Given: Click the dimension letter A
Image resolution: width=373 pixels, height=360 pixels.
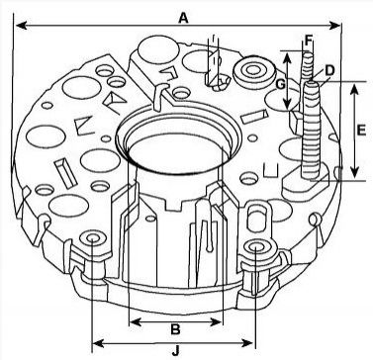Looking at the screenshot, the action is click(x=183, y=18).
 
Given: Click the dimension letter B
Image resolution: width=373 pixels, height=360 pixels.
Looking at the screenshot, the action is click(x=175, y=329).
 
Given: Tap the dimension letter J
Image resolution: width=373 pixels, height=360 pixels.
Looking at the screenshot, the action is click(x=176, y=351).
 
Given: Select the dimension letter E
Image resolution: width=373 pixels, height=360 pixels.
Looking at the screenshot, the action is click(x=361, y=131).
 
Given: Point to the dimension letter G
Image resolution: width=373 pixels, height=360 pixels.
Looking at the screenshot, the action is click(x=280, y=85).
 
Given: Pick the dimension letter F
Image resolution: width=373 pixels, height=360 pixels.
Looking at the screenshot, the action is click(x=309, y=41).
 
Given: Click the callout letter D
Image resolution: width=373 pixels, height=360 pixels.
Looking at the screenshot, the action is click(x=329, y=70).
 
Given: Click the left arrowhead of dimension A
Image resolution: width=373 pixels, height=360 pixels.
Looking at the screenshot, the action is click(x=22, y=25).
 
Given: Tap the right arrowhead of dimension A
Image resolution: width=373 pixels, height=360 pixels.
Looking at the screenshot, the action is click(x=334, y=25).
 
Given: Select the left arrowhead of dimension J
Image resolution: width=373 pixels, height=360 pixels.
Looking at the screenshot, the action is click(x=98, y=343).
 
